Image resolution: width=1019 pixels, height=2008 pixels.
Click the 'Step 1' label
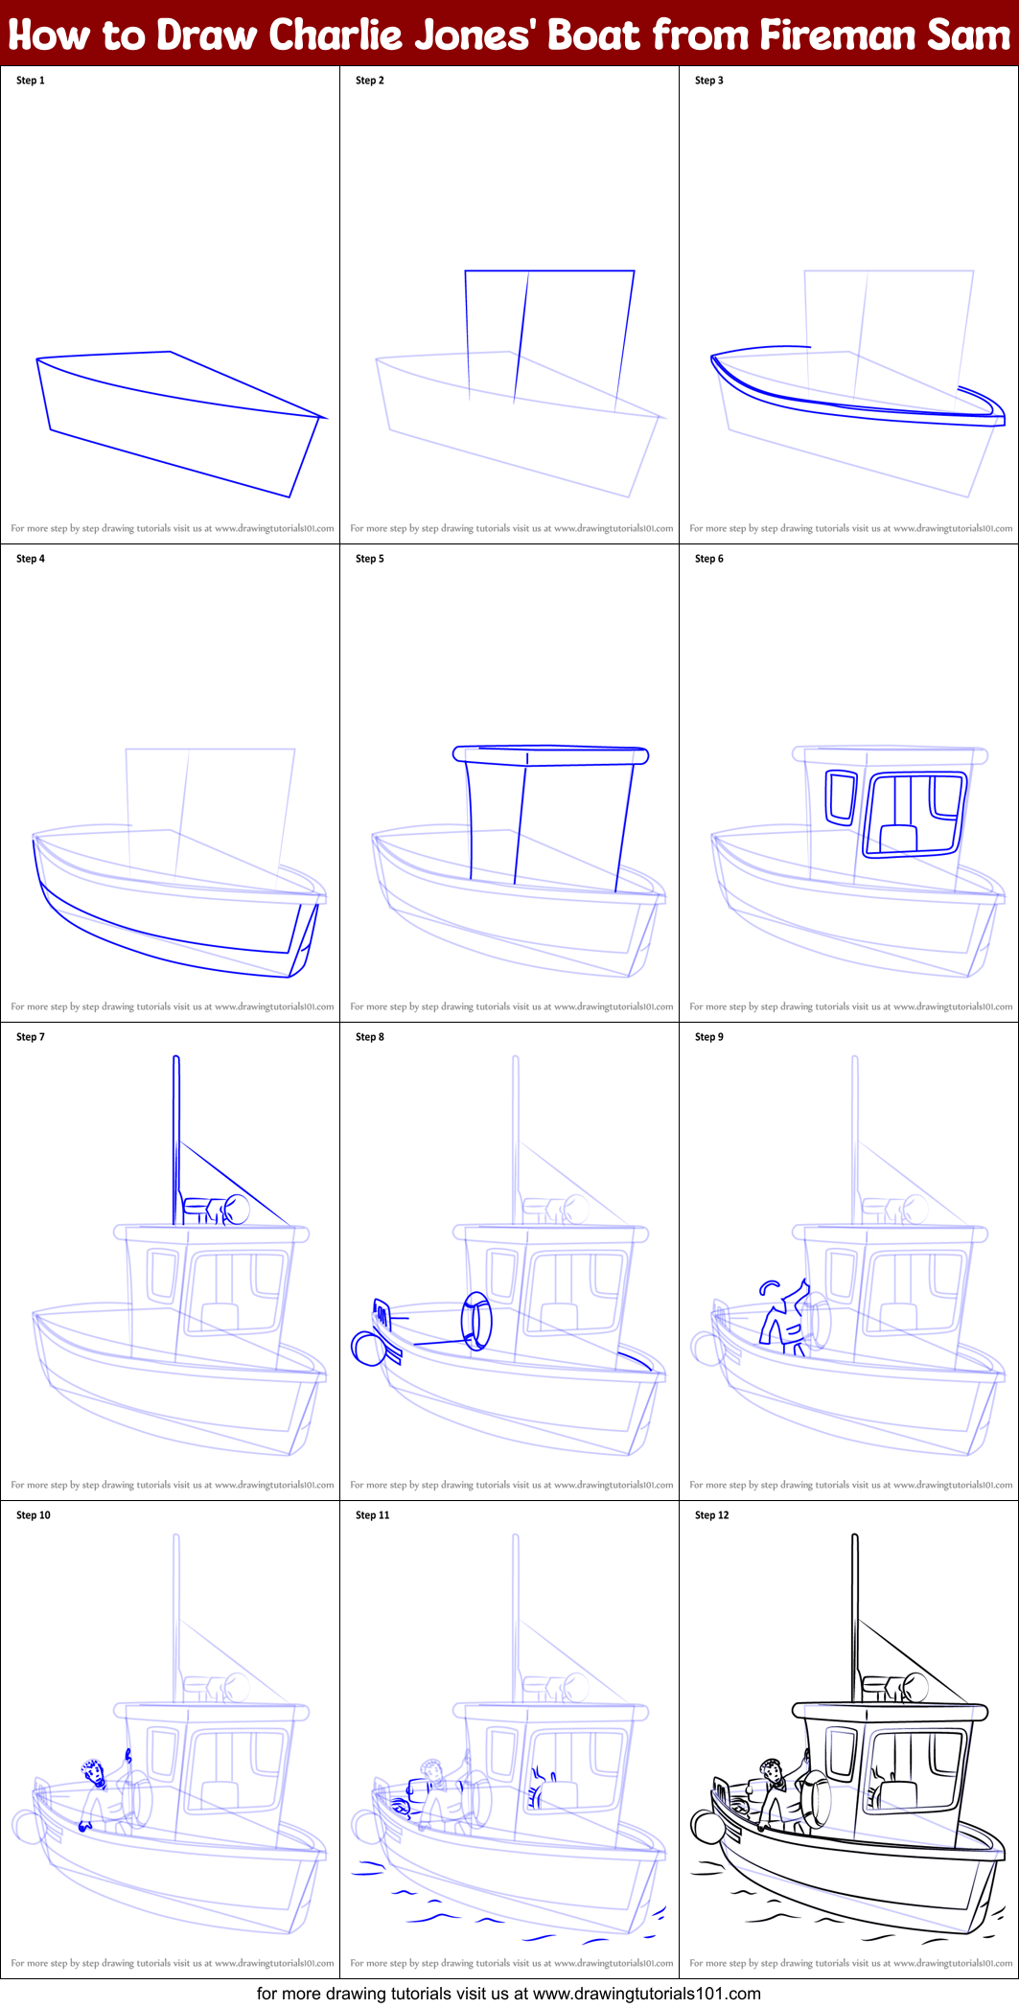31,81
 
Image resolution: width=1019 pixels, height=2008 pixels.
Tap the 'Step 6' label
709,559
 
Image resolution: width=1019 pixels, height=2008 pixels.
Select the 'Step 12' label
711,1515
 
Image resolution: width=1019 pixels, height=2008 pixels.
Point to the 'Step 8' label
370,1037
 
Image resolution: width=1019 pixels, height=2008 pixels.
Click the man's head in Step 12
770,1767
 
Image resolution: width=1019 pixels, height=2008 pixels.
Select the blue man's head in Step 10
94,1771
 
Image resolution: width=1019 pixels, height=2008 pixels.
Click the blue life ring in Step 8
476,1320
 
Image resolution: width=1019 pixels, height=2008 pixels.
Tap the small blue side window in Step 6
841,796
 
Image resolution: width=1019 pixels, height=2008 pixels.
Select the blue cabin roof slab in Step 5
550,755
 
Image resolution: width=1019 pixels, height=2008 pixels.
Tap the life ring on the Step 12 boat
818,1798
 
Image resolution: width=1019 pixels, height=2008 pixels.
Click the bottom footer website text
509,1994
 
